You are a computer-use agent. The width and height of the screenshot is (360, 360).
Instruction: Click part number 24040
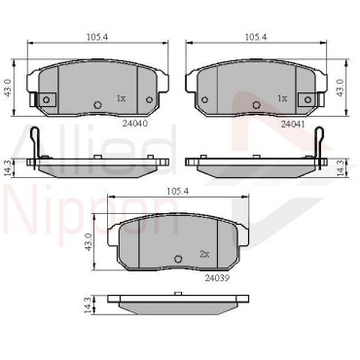(135, 123)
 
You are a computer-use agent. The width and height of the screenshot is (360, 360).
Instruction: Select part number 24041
(293, 124)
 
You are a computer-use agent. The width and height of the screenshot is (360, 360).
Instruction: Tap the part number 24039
(217, 278)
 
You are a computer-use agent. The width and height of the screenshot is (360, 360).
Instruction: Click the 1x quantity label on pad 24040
(121, 98)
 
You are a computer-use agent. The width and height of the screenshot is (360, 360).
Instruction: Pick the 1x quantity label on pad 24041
(282, 98)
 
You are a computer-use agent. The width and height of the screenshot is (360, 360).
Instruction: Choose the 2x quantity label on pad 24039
(204, 254)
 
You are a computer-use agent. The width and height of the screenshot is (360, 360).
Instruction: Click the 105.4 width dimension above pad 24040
(97, 37)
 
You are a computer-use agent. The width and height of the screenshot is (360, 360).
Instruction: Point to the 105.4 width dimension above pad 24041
(256, 37)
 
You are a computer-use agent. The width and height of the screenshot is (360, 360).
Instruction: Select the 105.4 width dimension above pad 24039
(178, 192)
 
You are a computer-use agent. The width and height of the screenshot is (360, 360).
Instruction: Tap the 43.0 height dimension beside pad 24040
(8, 88)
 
